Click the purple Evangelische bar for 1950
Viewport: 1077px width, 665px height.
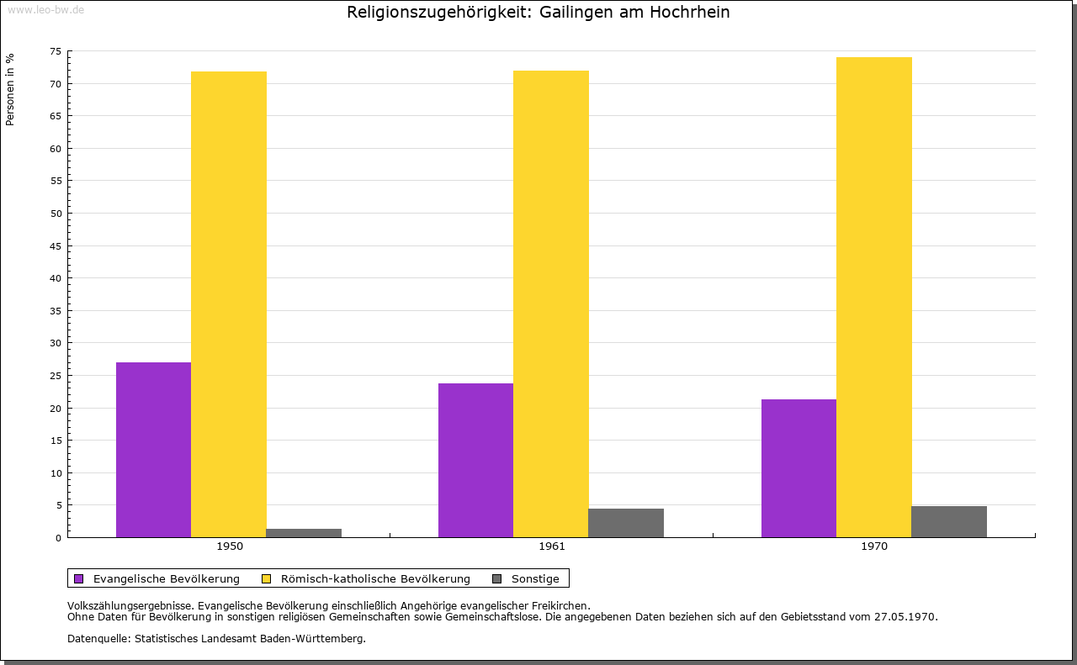tap(153, 450)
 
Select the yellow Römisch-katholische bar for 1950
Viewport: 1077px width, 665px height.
tap(229, 304)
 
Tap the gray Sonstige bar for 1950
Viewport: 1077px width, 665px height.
tap(304, 533)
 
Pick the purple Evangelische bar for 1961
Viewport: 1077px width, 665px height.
tap(475, 460)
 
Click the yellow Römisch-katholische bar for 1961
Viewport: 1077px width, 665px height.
tap(551, 303)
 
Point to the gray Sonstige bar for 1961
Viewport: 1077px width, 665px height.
tap(626, 523)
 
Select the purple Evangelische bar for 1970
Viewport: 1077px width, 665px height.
tap(798, 468)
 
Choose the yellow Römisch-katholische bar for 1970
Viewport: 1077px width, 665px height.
tap(873, 297)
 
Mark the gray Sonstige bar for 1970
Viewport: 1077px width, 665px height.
tap(949, 521)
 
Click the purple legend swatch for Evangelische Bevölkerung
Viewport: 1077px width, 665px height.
tap(79, 578)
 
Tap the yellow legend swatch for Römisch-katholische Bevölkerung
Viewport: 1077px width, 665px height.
tap(267, 578)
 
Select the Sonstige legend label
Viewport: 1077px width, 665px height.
tap(535, 578)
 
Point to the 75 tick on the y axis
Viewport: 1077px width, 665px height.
tap(56, 51)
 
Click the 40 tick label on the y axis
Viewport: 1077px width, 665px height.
tap(56, 278)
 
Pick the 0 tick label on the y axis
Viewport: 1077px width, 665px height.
tap(59, 538)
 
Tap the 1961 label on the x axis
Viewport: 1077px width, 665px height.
tap(552, 546)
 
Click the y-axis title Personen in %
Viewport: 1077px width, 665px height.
tap(10, 89)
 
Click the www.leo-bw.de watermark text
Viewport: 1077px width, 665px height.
tap(45, 8)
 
